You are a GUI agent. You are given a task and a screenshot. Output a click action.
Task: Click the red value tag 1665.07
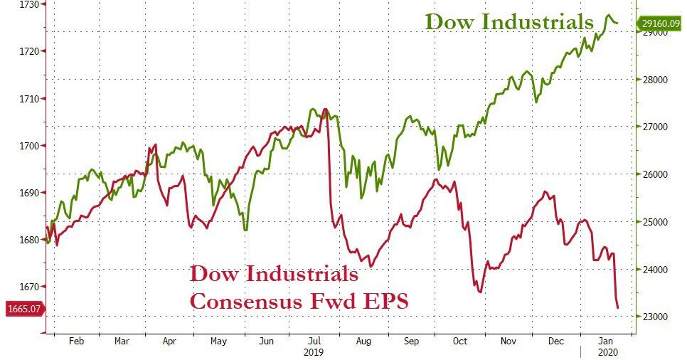pyautogui.click(x=24, y=309)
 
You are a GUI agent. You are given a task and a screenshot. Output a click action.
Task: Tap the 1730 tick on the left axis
pyautogui.click(x=28, y=4)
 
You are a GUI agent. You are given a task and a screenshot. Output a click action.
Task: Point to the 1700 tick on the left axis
pyautogui.click(x=28, y=146)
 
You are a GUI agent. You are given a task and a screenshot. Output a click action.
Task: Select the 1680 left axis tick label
pyautogui.click(x=28, y=240)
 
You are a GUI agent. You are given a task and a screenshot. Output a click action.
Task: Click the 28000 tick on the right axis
pyautogui.click(x=652, y=80)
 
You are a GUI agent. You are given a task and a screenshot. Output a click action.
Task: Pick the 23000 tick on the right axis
pyautogui.click(x=652, y=317)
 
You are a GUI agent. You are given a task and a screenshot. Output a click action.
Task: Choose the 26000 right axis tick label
pyautogui.click(x=652, y=174)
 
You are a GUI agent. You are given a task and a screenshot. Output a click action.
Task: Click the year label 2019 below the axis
pyautogui.click(x=313, y=352)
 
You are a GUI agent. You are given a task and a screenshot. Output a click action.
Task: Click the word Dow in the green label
pyautogui.click(x=449, y=21)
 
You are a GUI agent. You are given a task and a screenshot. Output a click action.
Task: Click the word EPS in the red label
pyautogui.click(x=384, y=301)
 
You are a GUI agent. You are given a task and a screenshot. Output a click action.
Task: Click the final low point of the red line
pyautogui.click(x=618, y=307)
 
